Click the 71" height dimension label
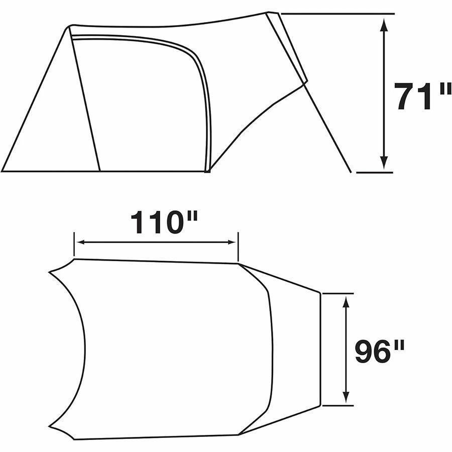[422, 96]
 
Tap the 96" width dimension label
[380, 351]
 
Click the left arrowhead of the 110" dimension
[80, 242]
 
